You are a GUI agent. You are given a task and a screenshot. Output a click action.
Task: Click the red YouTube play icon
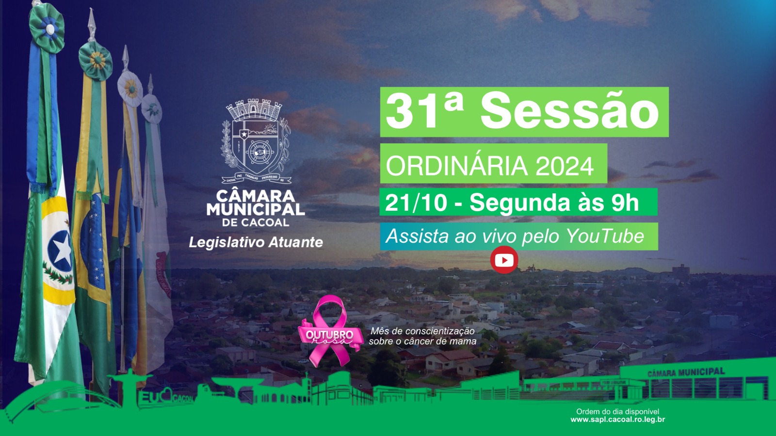(x=504, y=260)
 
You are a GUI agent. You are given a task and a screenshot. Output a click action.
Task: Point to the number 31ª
(x=424, y=111)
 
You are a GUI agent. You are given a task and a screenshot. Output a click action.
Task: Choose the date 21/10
(x=416, y=202)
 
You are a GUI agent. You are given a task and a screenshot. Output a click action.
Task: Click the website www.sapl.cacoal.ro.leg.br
(x=617, y=420)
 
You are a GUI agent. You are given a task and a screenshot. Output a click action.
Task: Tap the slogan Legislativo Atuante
(x=256, y=242)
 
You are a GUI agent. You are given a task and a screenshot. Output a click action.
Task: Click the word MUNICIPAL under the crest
(x=256, y=209)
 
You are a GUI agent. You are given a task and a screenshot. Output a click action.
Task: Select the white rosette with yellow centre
(x=130, y=89)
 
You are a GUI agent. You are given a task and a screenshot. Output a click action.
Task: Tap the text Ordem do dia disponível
(x=617, y=411)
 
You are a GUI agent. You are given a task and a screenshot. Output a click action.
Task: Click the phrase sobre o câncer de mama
(x=422, y=341)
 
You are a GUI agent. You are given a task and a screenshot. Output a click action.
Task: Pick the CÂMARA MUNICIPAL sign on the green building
(x=686, y=372)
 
